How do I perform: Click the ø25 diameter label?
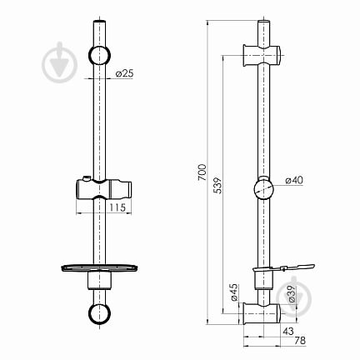pyautogui.click(x=125, y=73)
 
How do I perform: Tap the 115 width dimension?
pyautogui.click(x=117, y=207)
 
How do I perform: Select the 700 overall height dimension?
pyautogui.click(x=202, y=172)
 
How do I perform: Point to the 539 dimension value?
pyautogui.click(x=217, y=185)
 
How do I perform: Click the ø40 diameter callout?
pyautogui.click(x=294, y=180)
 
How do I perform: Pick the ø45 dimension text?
pyautogui.click(x=234, y=292)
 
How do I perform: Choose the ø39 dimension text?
pyautogui.click(x=292, y=294)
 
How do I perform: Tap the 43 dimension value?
pyautogui.click(x=288, y=331)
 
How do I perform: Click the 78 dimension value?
pyautogui.click(x=300, y=340)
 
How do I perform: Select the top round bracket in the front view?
pyautogui.click(x=99, y=55)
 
